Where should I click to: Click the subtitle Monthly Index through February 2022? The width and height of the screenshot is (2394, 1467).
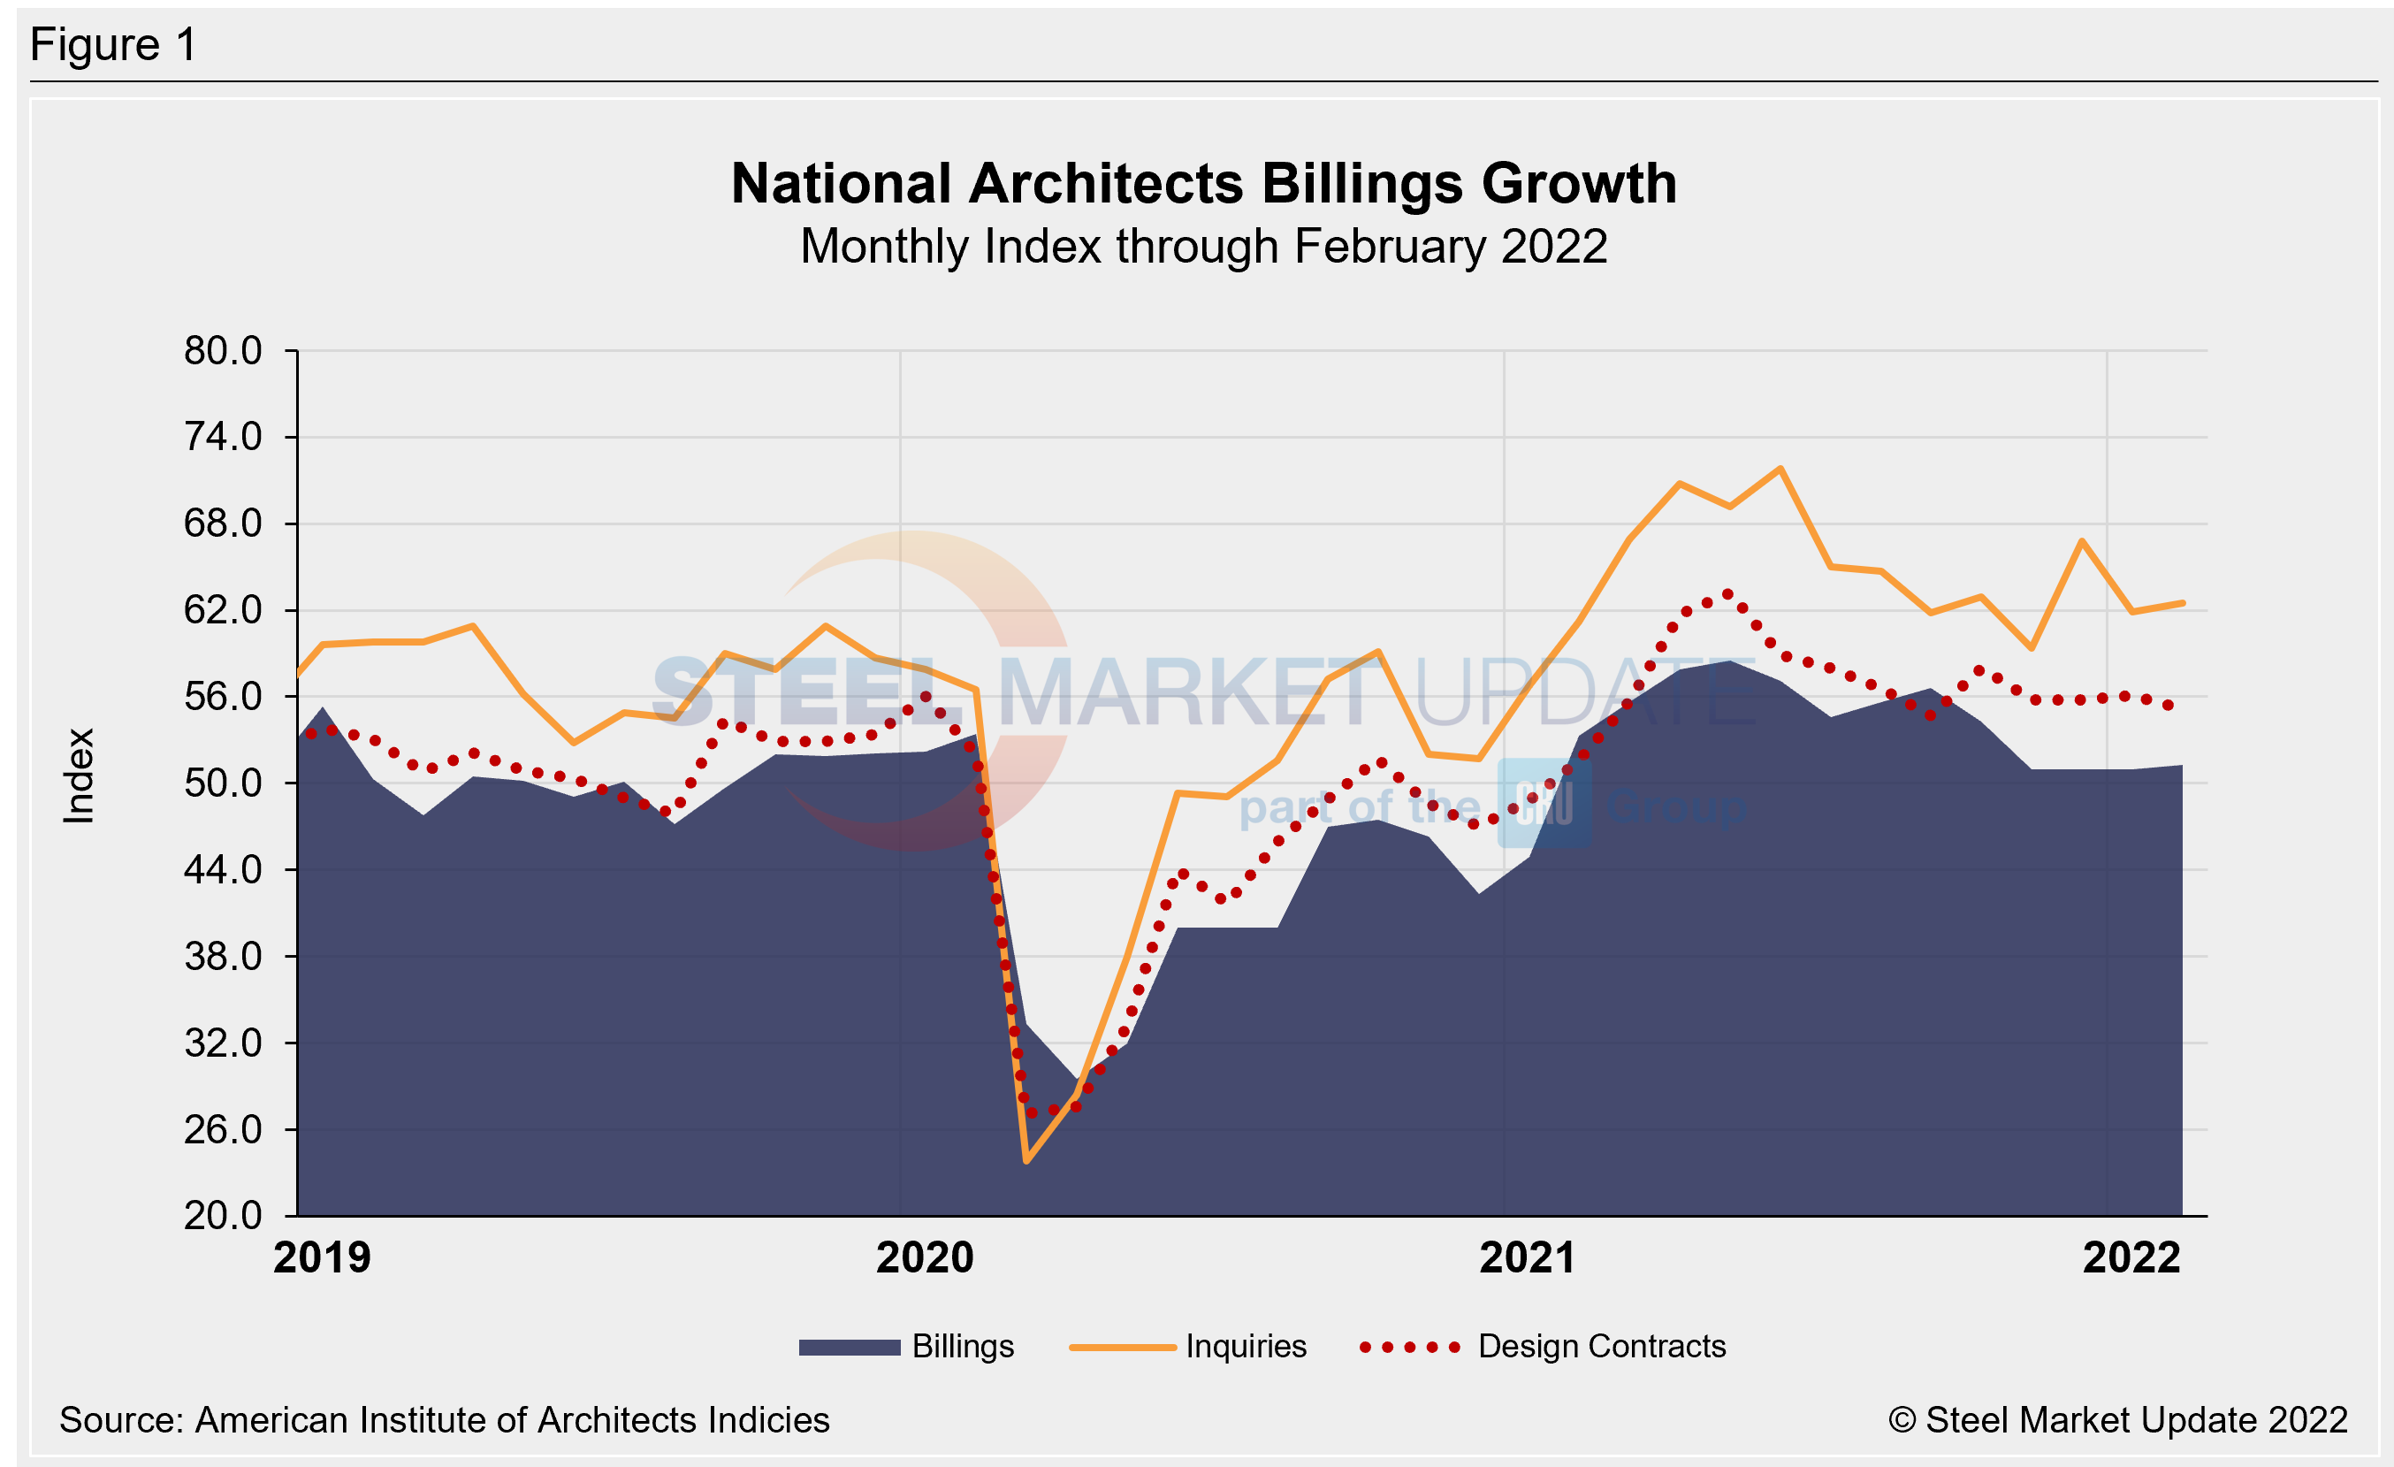pyautogui.click(x=1203, y=247)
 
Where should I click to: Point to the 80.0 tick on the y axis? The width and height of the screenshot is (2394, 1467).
pyautogui.click(x=223, y=351)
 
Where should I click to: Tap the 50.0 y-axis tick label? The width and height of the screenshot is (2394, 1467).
pyautogui.click(x=223, y=783)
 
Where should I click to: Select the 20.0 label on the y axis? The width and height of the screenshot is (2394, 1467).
pyautogui.click(x=223, y=1215)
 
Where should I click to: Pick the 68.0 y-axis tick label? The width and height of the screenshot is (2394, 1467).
pyautogui.click(x=223, y=523)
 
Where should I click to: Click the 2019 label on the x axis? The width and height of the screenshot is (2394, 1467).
pyautogui.click(x=322, y=1258)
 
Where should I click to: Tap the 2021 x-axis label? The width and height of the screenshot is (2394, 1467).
pyautogui.click(x=1528, y=1258)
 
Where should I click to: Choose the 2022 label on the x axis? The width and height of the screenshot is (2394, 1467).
pyautogui.click(x=2131, y=1258)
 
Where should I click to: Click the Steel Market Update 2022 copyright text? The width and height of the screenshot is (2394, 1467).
pyautogui.click(x=2117, y=1420)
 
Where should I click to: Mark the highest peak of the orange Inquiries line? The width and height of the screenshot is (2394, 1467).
pyautogui.click(x=1780, y=469)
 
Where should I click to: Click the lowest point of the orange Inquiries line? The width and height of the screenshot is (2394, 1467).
pyautogui.click(x=1026, y=1161)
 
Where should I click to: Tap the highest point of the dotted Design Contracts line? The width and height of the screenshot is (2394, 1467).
pyautogui.click(x=1727, y=593)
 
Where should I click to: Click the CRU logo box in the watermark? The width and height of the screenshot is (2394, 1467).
pyautogui.click(x=1544, y=804)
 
